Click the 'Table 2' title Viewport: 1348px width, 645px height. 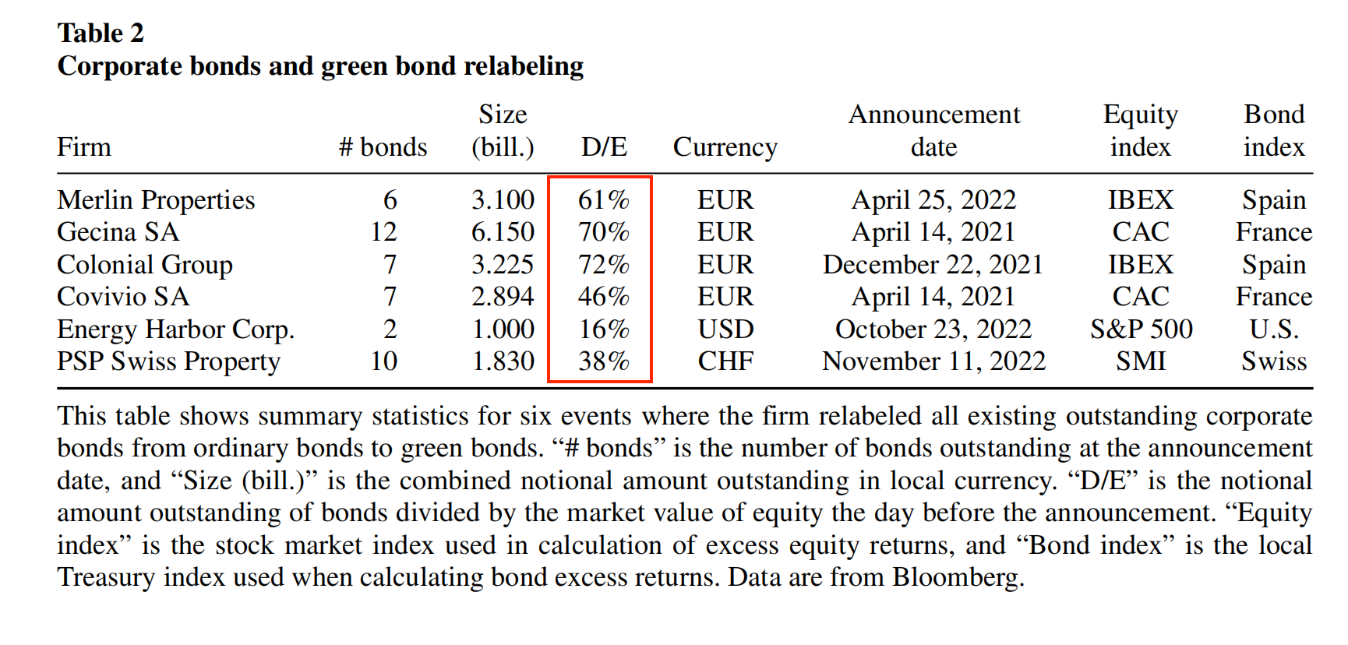(x=101, y=33)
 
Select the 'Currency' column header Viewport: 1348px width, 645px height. (x=725, y=147)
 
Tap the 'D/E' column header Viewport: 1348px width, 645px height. (x=604, y=147)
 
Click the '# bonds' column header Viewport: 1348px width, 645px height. (x=383, y=147)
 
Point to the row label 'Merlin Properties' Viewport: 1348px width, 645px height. (x=156, y=200)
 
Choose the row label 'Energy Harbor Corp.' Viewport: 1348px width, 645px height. (x=175, y=330)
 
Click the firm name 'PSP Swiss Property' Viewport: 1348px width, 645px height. (x=168, y=361)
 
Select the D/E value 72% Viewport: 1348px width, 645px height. (x=603, y=265)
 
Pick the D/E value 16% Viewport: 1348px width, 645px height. (x=603, y=330)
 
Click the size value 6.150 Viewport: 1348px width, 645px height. (x=503, y=232)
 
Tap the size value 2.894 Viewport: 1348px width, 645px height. (x=503, y=297)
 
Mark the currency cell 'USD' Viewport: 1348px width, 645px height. (x=725, y=330)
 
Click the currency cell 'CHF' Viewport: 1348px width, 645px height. (x=725, y=361)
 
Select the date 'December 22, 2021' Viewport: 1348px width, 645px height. (x=933, y=265)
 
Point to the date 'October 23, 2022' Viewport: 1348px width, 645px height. (x=933, y=330)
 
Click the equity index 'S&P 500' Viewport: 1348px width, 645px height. (x=1141, y=330)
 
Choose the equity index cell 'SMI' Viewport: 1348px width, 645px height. (x=1141, y=361)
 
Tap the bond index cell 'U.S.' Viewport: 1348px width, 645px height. (x=1274, y=330)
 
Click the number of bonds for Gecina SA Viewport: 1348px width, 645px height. (x=383, y=232)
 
